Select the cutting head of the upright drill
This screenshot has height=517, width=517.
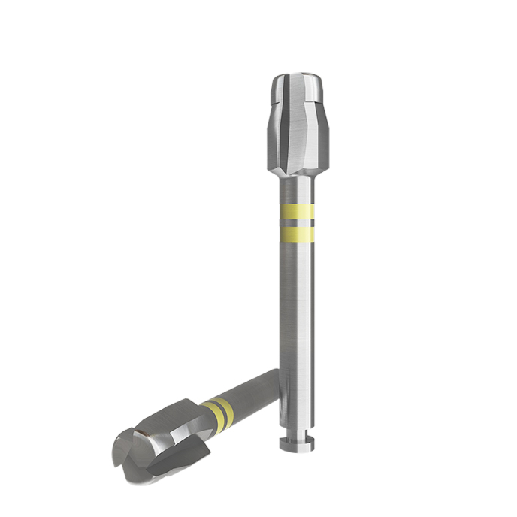295,128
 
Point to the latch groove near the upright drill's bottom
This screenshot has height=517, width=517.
295,437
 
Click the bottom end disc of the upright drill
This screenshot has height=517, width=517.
295,446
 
